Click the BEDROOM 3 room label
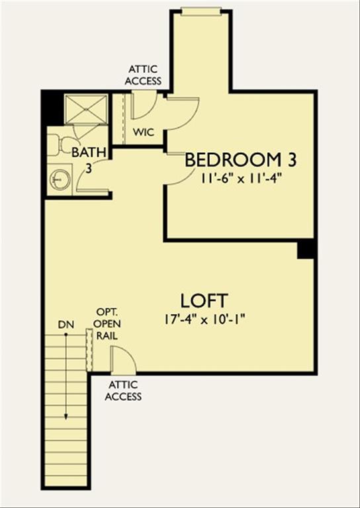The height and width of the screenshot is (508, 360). click(240, 159)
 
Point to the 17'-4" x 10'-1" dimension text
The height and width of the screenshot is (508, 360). click(204, 319)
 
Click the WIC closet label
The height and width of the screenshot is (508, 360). click(144, 132)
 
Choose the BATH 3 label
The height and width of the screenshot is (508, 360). click(89, 159)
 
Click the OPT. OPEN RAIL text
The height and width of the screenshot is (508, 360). click(107, 323)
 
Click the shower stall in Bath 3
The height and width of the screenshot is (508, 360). click(86, 108)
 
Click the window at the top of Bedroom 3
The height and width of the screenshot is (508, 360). click(201, 10)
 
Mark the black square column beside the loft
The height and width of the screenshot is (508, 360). click(306, 249)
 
